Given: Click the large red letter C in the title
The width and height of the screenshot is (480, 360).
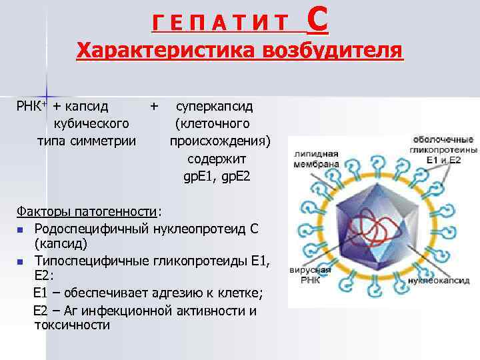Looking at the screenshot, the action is point(317,22).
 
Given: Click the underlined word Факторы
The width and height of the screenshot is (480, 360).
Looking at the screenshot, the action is point(43,211).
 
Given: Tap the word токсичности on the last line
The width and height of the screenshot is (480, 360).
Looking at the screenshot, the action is point(71,326).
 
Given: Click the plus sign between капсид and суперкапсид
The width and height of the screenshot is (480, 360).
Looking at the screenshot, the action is point(155,107).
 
